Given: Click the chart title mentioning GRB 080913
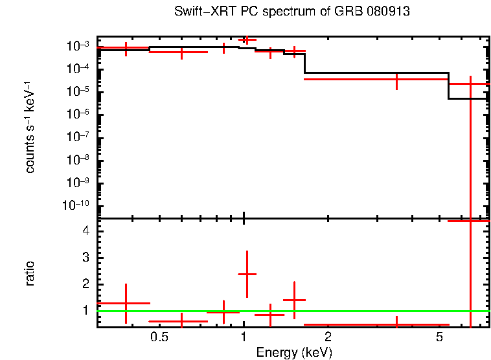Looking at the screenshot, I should coord(292,12).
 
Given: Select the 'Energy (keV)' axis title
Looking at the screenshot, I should coord(294,352).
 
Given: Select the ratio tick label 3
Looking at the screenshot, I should coord(84,258).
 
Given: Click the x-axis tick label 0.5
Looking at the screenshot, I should coord(159,337).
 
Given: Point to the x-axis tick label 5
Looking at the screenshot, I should coord(439,337).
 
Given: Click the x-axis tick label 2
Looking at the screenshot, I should coord(328,337).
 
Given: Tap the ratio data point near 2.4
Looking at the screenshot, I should coord(247,274).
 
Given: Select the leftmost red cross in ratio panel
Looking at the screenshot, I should coord(126,303).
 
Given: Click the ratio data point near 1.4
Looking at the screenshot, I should coord(294,300).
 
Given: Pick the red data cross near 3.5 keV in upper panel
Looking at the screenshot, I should coord(396,79).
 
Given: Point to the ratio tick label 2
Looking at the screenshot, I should coord(84,284).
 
